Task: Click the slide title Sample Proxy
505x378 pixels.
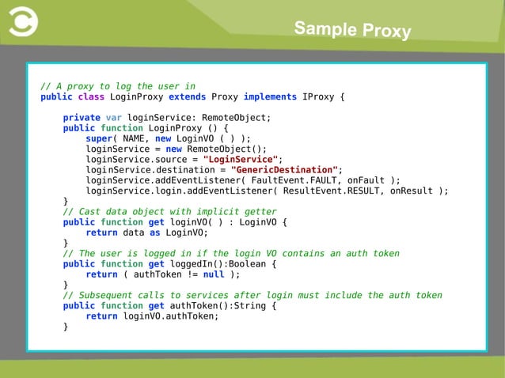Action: pyautogui.click(x=352, y=30)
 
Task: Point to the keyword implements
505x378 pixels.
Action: pyautogui.click(x=270, y=97)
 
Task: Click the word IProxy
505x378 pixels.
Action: pyautogui.click(x=319, y=97)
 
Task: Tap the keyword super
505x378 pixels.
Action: pyautogui.click(x=98, y=138)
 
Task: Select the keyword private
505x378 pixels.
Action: pyautogui.click(x=82, y=117)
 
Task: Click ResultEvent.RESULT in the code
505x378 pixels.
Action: pyautogui.click(x=351, y=190)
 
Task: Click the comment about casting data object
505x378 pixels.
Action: pyautogui.click(x=169, y=211)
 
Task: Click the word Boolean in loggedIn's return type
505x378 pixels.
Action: pyautogui.click(x=249, y=264)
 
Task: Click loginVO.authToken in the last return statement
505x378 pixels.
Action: pyautogui.click(x=170, y=316)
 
